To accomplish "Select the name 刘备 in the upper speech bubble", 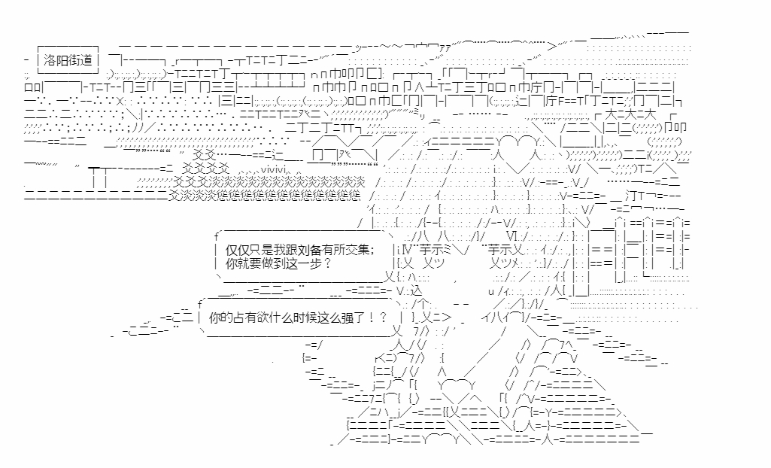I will click(x=311, y=249).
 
